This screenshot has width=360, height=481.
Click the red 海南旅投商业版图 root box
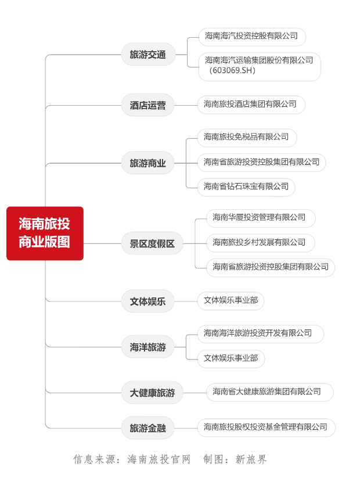point(45,234)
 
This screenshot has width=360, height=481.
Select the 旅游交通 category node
point(148,55)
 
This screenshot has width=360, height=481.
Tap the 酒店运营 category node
point(148,105)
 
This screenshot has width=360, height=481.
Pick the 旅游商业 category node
point(148,163)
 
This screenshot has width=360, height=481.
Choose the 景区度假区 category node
point(152,243)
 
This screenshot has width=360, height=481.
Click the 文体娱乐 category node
point(148,301)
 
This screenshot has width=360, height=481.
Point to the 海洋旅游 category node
point(148,347)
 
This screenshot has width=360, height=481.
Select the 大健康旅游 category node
point(152,393)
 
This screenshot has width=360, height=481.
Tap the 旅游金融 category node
point(148,428)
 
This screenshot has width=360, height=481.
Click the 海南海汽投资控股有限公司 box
point(252,37)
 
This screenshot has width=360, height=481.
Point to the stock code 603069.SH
point(232,70)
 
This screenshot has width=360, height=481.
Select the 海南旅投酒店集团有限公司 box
point(251,105)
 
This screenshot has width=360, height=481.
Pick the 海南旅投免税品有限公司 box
point(247,138)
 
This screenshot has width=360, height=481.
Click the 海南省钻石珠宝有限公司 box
point(246,187)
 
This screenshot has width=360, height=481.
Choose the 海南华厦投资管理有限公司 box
point(261,218)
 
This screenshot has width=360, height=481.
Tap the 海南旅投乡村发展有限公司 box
point(261,243)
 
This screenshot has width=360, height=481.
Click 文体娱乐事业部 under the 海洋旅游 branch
point(231,358)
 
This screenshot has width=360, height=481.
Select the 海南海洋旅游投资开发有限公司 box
point(261,334)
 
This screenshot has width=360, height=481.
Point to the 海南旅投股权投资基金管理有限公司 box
point(267,428)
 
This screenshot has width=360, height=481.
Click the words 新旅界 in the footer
point(251,460)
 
